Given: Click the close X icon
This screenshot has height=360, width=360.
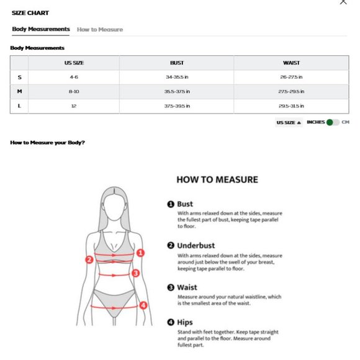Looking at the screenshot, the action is (343, 2).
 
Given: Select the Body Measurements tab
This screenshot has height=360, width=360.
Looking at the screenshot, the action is (41, 29).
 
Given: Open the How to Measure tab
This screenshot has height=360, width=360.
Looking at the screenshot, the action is (100, 29).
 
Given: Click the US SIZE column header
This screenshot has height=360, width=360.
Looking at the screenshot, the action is (74, 63).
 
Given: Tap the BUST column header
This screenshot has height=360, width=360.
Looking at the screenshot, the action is (177, 63).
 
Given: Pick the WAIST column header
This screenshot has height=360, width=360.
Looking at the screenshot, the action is (291, 63).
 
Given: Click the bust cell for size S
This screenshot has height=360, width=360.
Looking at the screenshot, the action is (177, 77).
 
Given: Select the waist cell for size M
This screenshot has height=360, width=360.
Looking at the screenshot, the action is (291, 91).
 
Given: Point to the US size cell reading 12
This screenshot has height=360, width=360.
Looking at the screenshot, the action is (74, 106).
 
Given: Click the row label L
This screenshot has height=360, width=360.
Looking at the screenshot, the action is (19, 106).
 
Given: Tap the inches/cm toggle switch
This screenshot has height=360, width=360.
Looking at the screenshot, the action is (333, 122).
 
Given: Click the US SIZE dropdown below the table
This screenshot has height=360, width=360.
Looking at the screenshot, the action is (289, 123).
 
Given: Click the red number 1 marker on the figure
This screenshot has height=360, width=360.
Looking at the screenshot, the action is (141, 253).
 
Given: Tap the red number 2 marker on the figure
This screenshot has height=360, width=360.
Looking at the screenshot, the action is (89, 259).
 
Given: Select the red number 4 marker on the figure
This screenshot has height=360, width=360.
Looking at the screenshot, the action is (143, 305).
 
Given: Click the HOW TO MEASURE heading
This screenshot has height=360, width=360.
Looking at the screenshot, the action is (217, 180).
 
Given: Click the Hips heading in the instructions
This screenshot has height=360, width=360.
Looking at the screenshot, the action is (185, 322).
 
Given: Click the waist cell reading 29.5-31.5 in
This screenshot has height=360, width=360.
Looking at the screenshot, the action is (291, 106).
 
